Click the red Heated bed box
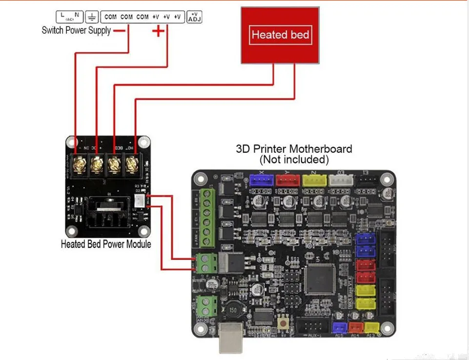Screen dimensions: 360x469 [280, 35]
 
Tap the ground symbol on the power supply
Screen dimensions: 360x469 [92, 17]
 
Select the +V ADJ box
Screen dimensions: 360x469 [194, 17]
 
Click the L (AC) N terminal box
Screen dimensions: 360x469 [69, 17]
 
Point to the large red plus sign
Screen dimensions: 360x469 [158, 31]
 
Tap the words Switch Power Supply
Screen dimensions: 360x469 [76, 31]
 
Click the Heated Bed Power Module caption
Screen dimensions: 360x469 [106, 244]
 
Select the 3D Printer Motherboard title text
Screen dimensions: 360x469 [294, 149]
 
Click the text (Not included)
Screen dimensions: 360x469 [294, 160]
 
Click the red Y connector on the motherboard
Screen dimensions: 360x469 [288, 180]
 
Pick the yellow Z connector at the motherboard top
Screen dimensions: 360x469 [314, 180]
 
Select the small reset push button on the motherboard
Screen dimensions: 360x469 [282, 322]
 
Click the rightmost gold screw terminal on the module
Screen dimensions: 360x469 [131, 163]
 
